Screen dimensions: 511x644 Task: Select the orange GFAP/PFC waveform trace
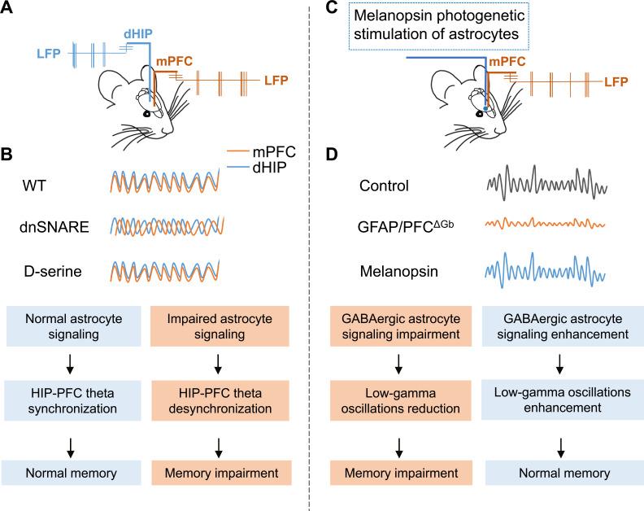click(546, 224)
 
